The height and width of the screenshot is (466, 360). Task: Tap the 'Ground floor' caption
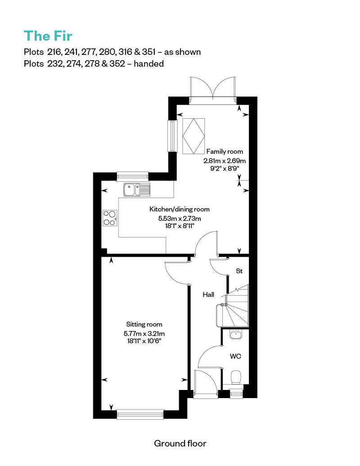[x=180, y=444]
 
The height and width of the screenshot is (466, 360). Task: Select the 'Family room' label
[x=225, y=152]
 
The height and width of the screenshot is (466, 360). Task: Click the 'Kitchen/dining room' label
[x=179, y=209]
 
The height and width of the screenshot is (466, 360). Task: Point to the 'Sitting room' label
[x=144, y=324]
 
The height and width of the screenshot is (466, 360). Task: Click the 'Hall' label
[x=208, y=295]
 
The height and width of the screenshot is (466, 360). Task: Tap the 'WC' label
[x=235, y=356]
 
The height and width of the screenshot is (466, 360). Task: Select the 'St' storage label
[x=239, y=271]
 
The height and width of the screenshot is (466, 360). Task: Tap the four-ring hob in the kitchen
[x=109, y=218]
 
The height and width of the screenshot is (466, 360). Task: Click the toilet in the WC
[x=235, y=377]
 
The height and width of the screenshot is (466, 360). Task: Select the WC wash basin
[x=235, y=334]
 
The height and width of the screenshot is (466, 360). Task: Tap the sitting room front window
[x=140, y=414]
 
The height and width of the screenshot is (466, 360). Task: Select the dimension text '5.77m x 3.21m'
[x=144, y=333]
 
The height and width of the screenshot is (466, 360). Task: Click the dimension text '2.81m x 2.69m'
[x=224, y=160]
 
